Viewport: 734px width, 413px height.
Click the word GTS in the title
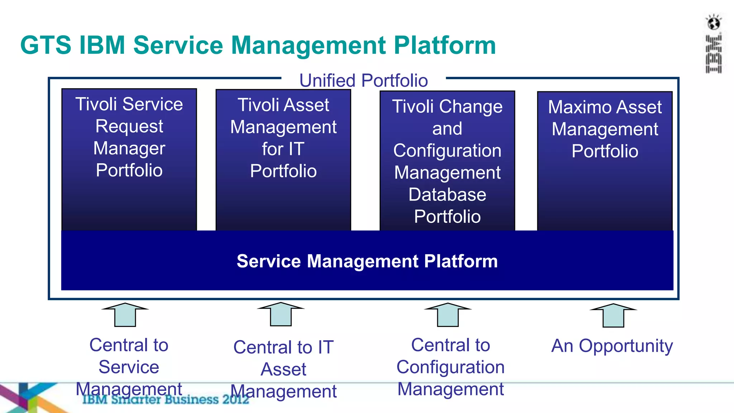pyautogui.click(x=46, y=45)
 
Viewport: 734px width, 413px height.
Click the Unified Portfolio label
pyautogui.click(x=363, y=80)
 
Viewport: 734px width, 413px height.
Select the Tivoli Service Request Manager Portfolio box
pyautogui.click(x=129, y=160)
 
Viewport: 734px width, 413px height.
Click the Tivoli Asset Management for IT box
pyautogui.click(x=283, y=160)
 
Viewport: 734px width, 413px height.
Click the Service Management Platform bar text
pyautogui.click(x=367, y=261)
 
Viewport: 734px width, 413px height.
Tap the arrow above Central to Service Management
pyautogui.click(x=125, y=314)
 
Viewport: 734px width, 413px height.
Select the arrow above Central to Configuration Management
pyautogui.click(x=448, y=314)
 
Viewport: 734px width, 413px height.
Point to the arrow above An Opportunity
pyautogui.click(x=613, y=315)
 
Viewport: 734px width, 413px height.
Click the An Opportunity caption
pyautogui.click(x=612, y=346)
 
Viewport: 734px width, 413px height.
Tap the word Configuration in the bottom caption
pyautogui.click(x=451, y=367)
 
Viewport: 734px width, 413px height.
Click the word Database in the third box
pyautogui.click(x=447, y=195)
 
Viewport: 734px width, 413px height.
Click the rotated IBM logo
pyautogui.click(x=714, y=54)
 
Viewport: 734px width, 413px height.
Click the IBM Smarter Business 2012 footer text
pyautogui.click(x=165, y=399)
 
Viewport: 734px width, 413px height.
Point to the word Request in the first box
pyautogui.click(x=129, y=126)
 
